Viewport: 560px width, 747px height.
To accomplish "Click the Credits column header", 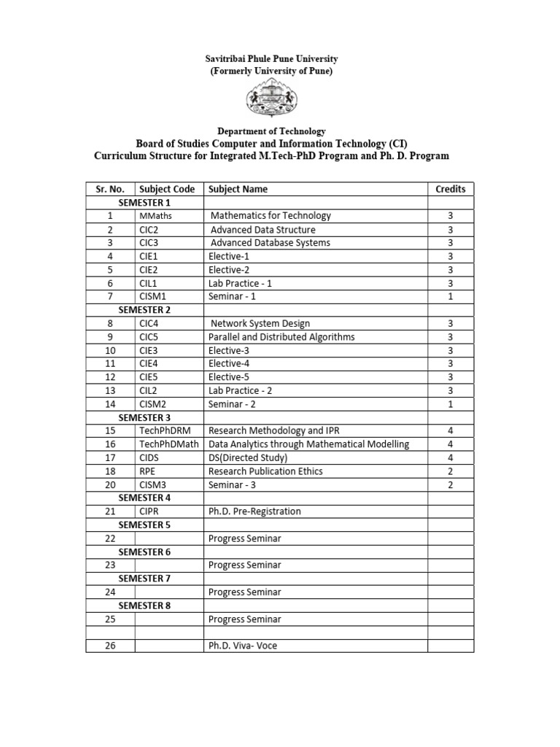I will tap(450, 189).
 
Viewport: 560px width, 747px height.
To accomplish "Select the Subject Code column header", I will tap(167, 189).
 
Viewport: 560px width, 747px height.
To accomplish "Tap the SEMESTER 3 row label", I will tap(144, 418).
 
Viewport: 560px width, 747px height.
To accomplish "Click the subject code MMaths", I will tap(155, 216).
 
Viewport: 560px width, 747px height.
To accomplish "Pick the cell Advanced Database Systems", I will tap(270, 243).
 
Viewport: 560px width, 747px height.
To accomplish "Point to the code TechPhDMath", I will tap(168, 444).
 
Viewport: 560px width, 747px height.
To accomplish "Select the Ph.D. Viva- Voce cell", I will tap(243, 646).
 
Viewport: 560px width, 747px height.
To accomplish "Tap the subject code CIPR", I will tap(149, 511).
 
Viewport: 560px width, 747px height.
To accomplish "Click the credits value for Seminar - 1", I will tap(450, 296).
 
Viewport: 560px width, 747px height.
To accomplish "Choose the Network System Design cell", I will tap(260, 323).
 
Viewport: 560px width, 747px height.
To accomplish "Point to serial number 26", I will tap(110, 646).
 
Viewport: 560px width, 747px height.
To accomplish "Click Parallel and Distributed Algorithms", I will tap(281, 337).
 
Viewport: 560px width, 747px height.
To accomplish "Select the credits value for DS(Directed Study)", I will tap(450, 458).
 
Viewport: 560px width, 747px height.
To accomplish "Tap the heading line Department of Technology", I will tap(271, 131).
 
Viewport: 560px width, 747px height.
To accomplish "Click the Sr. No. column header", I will tap(110, 189).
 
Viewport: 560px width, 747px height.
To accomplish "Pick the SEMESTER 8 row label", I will tap(144, 605).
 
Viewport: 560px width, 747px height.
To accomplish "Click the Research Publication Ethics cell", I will tap(265, 471).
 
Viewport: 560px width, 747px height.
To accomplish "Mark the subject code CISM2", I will tap(153, 404).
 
